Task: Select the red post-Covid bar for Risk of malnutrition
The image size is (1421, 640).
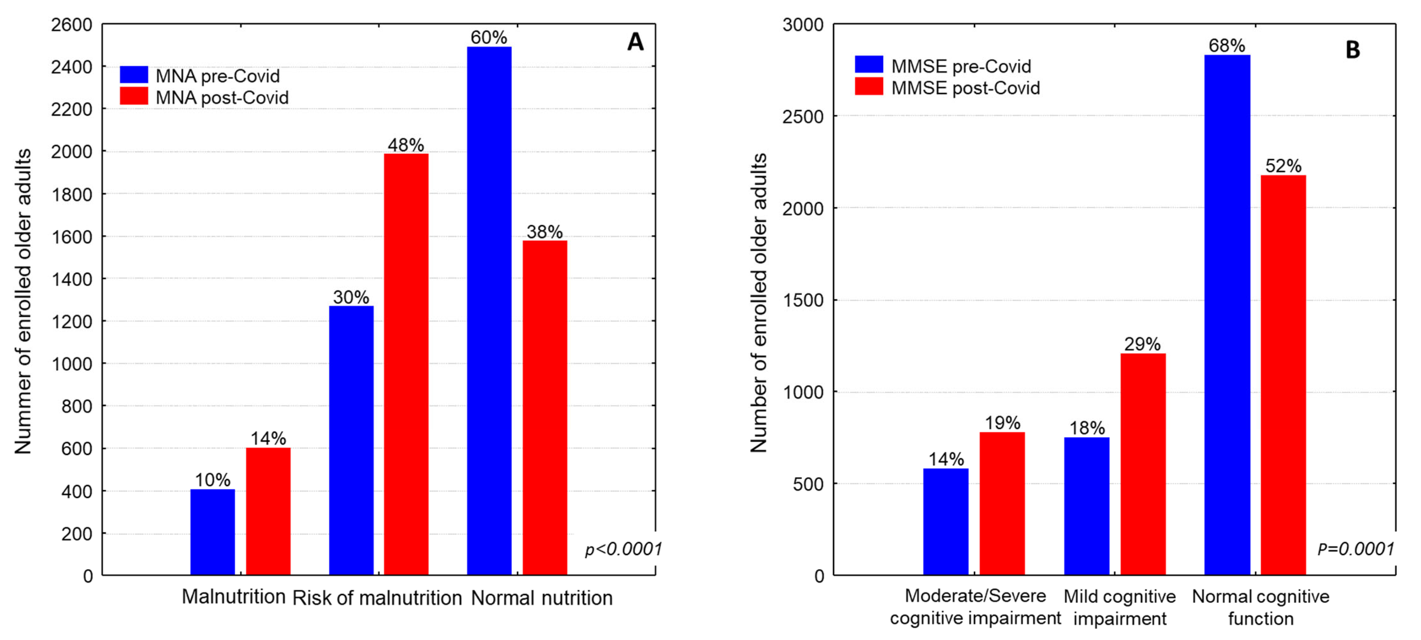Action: (406, 364)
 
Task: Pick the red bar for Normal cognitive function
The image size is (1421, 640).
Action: (1283, 375)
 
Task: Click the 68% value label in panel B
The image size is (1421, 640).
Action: (1227, 45)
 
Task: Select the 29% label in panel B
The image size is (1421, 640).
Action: (1142, 344)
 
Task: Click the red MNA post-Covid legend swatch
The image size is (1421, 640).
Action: (134, 96)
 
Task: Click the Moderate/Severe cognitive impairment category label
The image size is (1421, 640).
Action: (975, 607)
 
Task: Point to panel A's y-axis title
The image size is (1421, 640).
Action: (23, 301)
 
